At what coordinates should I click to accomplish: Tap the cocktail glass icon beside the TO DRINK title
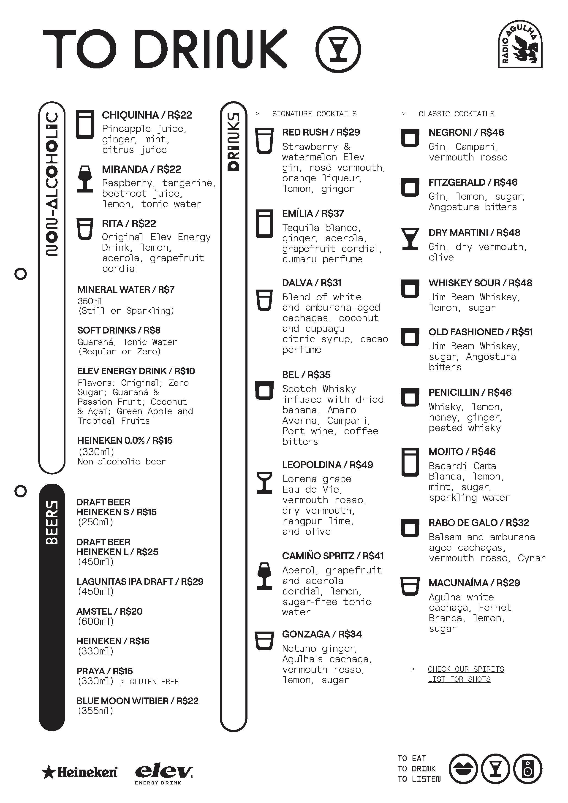click(338, 49)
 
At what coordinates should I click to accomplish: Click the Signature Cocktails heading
click(314, 114)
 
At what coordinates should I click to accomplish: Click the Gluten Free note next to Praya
click(150, 682)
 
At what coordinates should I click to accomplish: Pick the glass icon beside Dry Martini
click(410, 239)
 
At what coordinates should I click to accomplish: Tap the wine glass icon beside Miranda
click(85, 179)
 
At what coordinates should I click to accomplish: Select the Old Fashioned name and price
click(481, 332)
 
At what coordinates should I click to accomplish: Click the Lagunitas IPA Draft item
click(140, 582)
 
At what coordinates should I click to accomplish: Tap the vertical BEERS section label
click(52, 523)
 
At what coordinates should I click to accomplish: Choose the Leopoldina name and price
click(327, 465)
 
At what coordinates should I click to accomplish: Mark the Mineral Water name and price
click(126, 290)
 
